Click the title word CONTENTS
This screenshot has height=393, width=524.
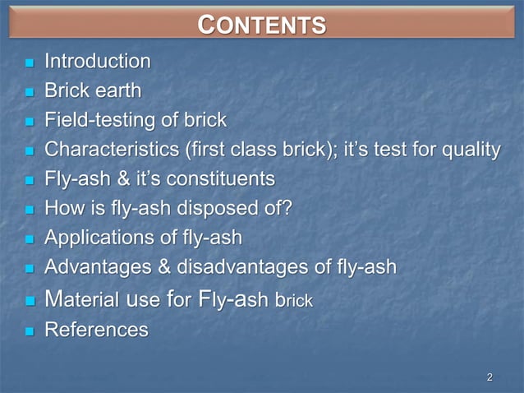click(262, 25)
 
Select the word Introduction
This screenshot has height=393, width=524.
click(97, 62)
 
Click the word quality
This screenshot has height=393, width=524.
click(471, 150)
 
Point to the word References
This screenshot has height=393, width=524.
click(96, 331)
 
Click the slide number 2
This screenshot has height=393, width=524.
click(490, 377)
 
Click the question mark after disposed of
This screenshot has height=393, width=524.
click(286, 209)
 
